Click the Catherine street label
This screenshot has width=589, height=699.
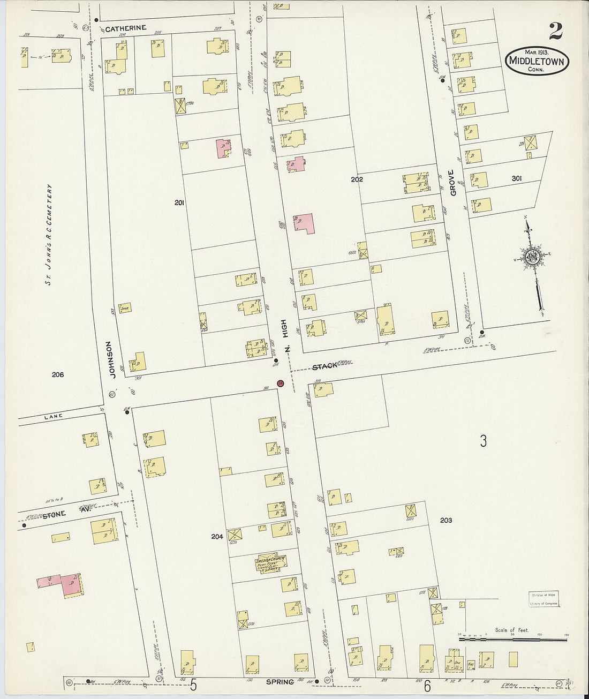(x=126, y=29)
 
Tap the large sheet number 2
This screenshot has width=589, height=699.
(x=555, y=32)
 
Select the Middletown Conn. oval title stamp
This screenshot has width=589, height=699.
(x=537, y=62)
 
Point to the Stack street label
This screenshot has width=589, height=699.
(x=325, y=365)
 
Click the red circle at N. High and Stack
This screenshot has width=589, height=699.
(x=280, y=383)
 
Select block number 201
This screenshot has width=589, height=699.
(x=179, y=202)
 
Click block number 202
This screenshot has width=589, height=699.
(x=357, y=179)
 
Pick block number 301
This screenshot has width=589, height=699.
(x=516, y=178)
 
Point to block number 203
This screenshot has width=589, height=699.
(x=445, y=520)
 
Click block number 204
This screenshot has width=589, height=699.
(x=216, y=536)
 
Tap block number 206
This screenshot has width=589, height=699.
(x=57, y=374)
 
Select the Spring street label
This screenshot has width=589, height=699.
(x=280, y=682)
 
